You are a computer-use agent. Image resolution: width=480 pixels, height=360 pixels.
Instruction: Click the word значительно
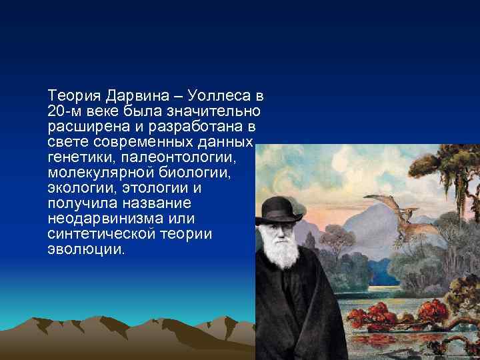click(x=221, y=110)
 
